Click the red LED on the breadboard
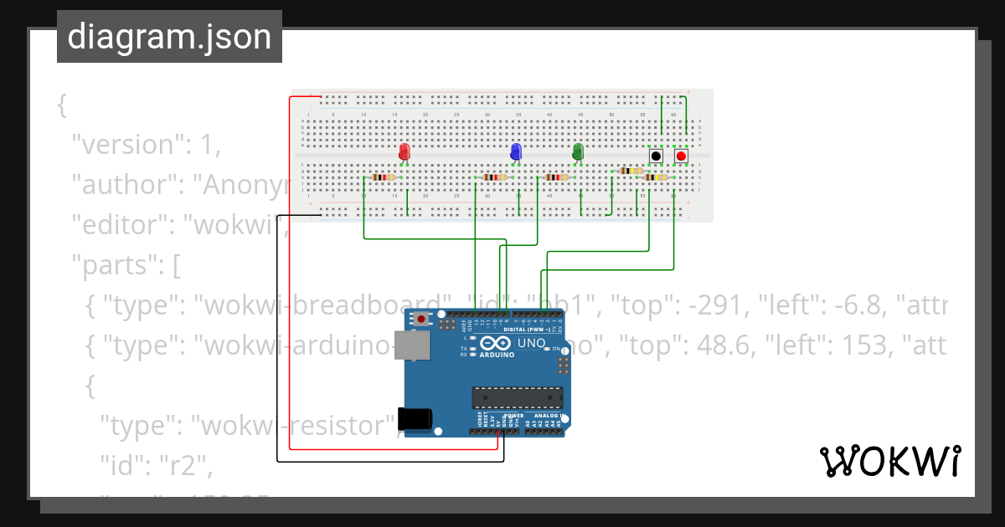tap(405, 152)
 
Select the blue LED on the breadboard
tap(516, 152)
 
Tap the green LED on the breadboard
tap(578, 152)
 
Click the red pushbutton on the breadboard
tap(682, 156)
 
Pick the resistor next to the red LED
tap(383, 177)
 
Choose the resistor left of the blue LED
tap(496, 177)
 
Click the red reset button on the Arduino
tap(420, 319)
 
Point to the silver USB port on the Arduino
tap(412, 345)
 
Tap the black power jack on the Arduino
tap(415, 419)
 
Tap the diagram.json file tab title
tap(169, 37)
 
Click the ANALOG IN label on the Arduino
tap(549, 416)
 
